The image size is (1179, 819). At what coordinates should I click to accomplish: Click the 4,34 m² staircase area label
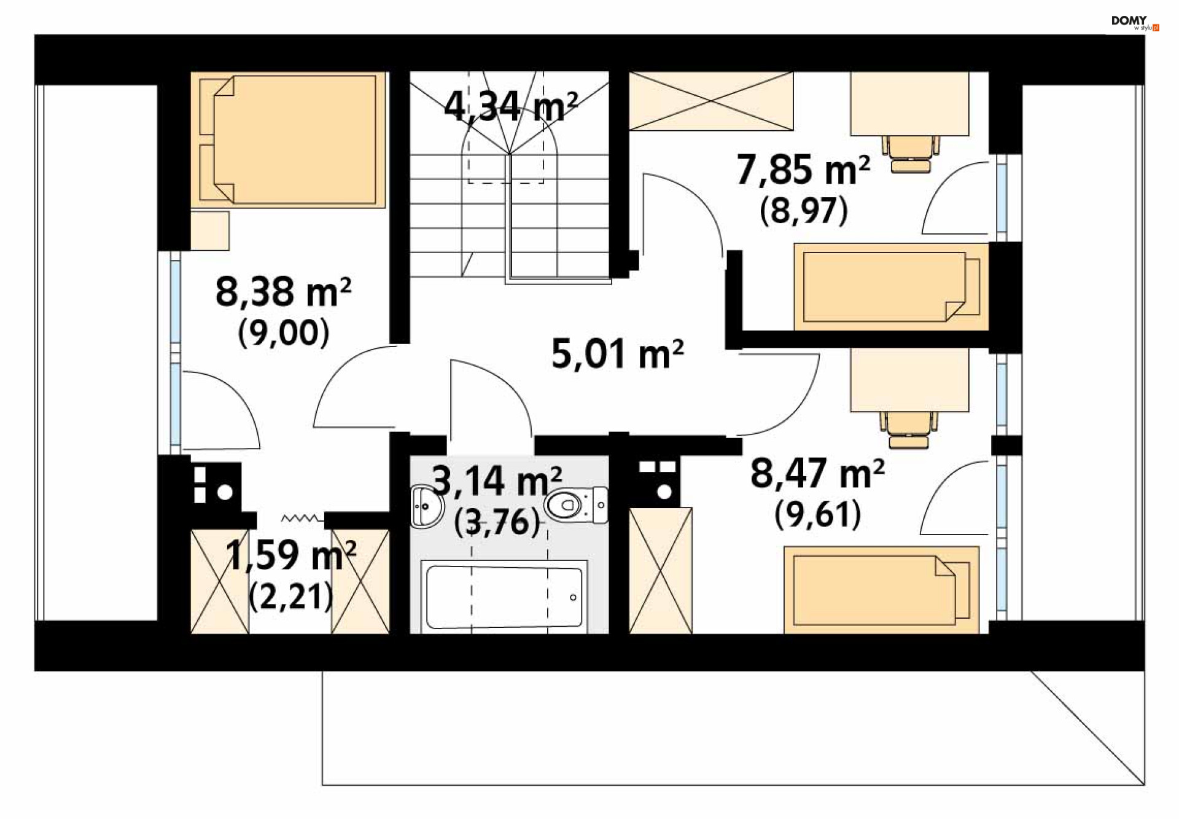click(x=510, y=106)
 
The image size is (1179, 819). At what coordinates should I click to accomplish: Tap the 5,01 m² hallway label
click(x=617, y=354)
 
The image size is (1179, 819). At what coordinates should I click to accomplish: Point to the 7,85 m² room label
click(x=803, y=170)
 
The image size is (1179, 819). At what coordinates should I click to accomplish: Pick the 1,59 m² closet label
click(x=290, y=555)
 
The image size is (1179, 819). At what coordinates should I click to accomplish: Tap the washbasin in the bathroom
click(x=426, y=506)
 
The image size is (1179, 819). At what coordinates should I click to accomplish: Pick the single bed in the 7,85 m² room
click(x=890, y=287)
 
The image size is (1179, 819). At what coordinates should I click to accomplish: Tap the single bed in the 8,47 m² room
click(x=881, y=590)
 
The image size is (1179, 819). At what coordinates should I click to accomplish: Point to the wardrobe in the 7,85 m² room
click(x=710, y=101)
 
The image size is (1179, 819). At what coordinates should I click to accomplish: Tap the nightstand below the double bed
click(x=209, y=230)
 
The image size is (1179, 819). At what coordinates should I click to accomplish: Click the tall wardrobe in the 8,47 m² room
click(x=661, y=570)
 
